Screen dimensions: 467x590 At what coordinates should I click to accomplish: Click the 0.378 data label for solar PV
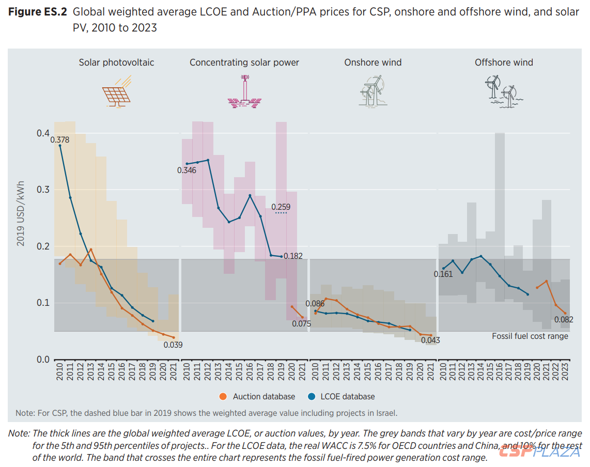(60, 139)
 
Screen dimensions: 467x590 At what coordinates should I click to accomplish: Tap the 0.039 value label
(173, 345)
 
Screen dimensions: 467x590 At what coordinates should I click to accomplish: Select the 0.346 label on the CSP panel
(187, 170)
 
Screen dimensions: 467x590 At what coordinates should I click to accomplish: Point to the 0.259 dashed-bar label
(281, 207)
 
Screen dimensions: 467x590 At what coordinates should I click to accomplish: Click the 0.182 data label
(293, 256)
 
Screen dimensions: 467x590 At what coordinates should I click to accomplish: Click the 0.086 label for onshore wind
(315, 304)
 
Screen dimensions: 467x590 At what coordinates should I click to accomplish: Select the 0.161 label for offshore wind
(443, 274)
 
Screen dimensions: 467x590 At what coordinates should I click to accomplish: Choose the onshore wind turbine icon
(372, 90)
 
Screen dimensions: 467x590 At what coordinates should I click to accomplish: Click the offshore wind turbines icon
(503, 90)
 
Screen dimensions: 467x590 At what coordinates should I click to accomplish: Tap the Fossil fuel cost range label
(530, 336)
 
